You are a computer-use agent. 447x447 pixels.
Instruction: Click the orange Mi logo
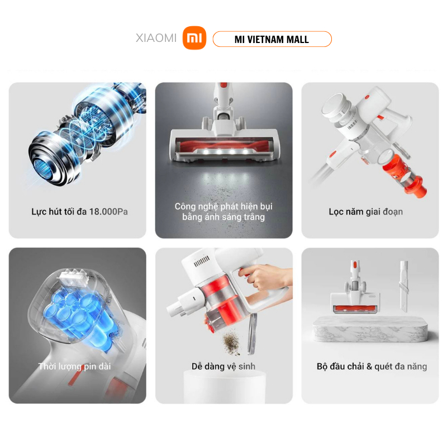194,38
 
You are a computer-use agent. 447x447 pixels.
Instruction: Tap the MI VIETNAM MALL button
272,39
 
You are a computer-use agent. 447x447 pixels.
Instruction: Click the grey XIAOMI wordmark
156,38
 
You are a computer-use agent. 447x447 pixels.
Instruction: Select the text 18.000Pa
108,212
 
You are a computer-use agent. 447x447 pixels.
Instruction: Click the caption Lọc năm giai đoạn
366,212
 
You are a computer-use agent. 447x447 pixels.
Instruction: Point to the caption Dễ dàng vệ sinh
223,367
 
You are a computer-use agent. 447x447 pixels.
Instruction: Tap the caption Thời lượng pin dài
74,367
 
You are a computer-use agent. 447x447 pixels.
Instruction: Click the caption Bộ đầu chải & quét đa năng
372,367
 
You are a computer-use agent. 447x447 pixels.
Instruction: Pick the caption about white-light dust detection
223,212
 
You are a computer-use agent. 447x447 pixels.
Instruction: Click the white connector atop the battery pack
73,277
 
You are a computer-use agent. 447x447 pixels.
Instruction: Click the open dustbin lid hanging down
252,334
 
